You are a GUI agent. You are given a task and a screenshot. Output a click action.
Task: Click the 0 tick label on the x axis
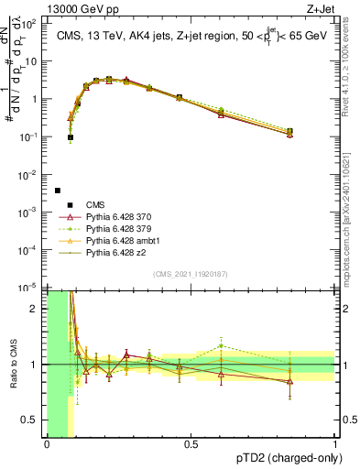pos(47,444)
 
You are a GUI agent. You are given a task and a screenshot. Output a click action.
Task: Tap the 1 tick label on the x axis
pos(334,444)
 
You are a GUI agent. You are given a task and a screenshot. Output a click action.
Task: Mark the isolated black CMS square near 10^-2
pos(58,191)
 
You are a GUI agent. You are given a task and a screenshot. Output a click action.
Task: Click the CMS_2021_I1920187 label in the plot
pos(190,274)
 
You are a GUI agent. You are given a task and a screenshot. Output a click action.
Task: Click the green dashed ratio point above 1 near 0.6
pos(221,346)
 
